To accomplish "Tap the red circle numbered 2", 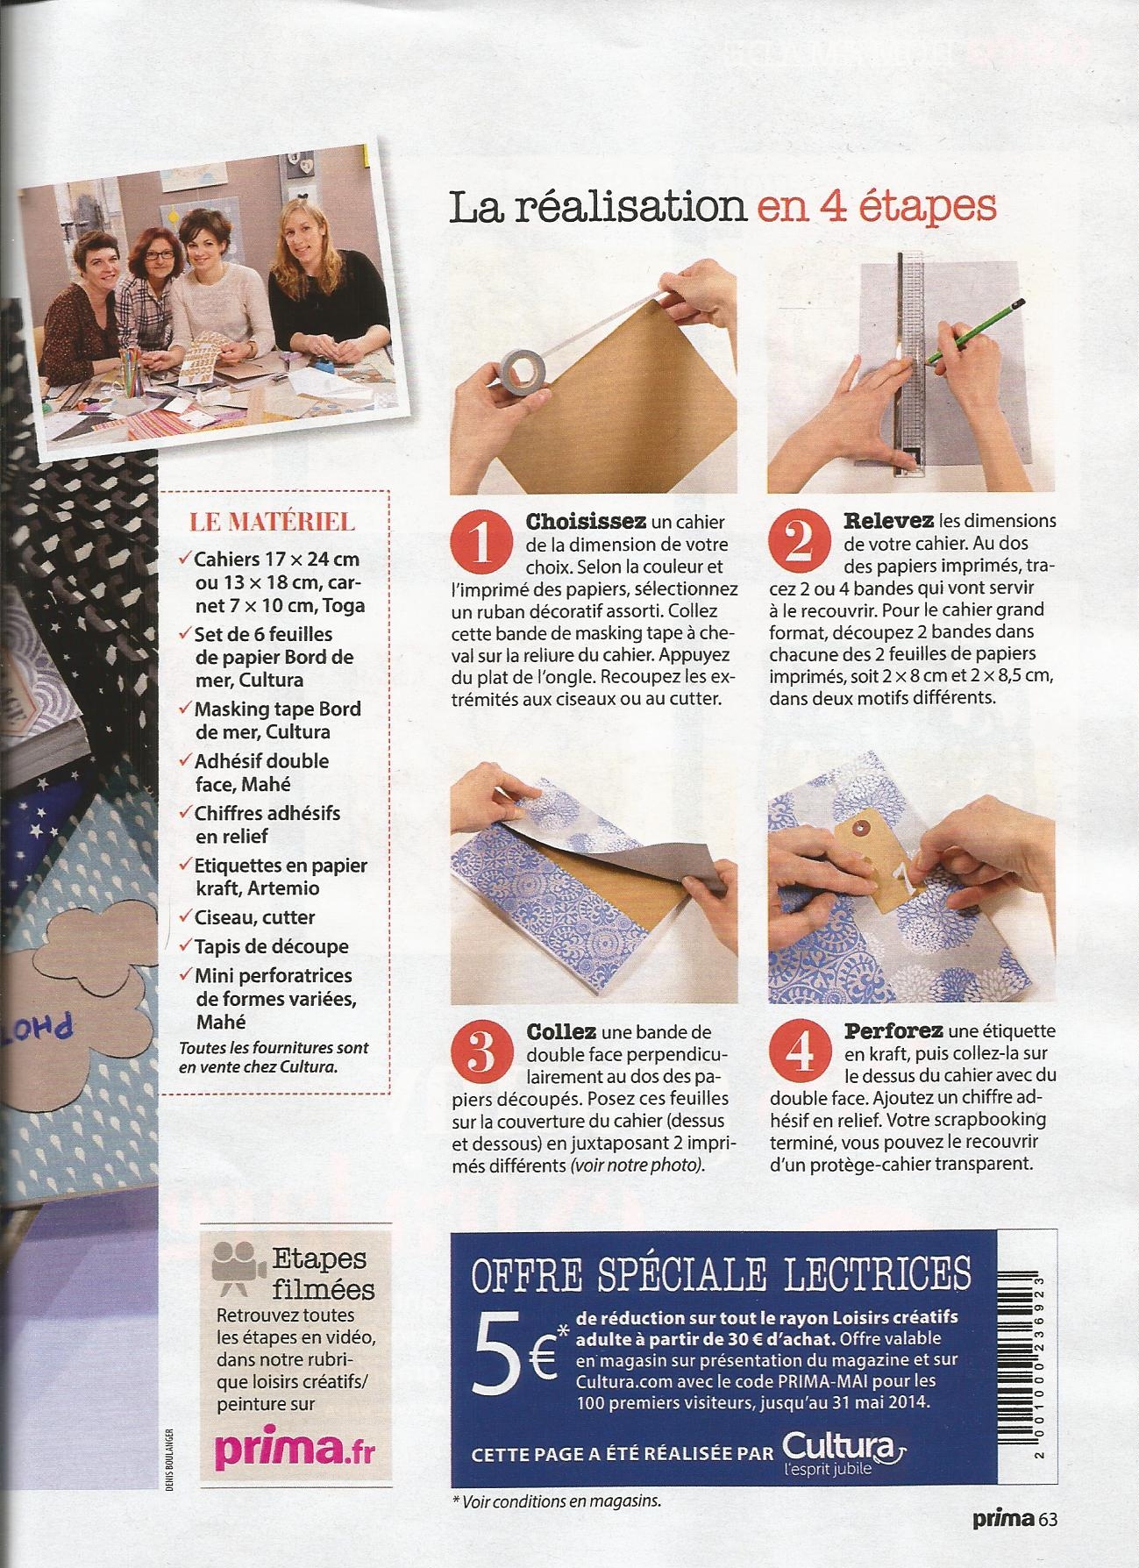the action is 799,543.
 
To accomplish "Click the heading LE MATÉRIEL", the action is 273,522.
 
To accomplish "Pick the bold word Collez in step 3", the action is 561,1031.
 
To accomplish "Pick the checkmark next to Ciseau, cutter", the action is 183,917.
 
